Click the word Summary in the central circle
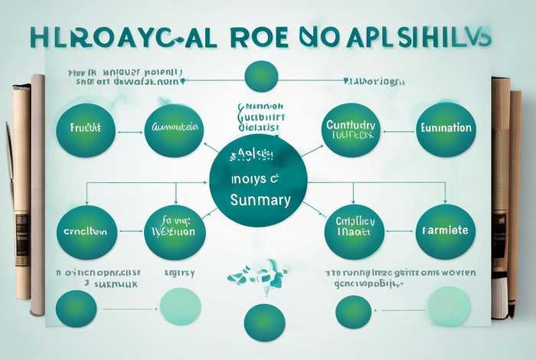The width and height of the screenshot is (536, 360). tap(260, 201)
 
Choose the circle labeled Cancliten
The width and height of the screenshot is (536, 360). tap(86, 231)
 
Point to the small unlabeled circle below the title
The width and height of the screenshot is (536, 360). tap(260, 77)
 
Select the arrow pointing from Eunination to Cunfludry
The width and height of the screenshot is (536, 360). tap(398, 130)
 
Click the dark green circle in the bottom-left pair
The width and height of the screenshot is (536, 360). tap(77, 308)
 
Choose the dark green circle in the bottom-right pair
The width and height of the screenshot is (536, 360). tap(353, 312)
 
